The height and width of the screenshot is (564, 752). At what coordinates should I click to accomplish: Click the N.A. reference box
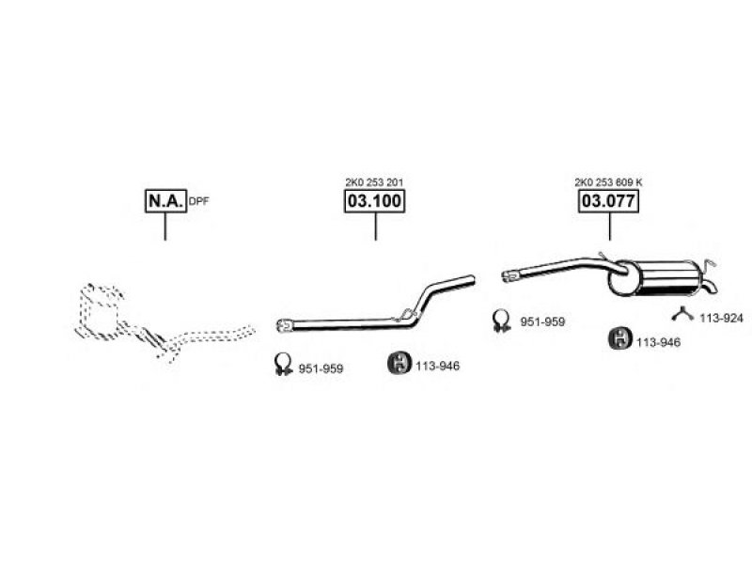165,201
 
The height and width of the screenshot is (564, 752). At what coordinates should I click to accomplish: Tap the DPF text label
198,201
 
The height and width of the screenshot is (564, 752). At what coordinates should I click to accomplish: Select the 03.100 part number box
374,201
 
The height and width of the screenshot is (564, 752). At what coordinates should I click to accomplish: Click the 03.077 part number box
608,201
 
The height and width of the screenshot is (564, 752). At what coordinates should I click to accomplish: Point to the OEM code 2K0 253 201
374,182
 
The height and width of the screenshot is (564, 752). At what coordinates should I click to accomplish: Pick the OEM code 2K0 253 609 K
608,182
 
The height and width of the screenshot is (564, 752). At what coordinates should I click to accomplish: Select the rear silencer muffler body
654,277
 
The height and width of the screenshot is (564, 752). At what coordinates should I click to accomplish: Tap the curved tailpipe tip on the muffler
711,287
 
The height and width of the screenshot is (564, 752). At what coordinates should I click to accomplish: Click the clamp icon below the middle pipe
283,365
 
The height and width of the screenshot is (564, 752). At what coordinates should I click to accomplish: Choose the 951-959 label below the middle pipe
321,368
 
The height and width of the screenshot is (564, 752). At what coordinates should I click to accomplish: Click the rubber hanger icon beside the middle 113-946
399,363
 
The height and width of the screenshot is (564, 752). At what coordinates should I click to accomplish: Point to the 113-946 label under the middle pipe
437,366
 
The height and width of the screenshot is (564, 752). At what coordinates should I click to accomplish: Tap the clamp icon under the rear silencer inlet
502,321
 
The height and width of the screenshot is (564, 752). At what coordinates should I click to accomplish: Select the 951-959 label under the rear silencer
543,321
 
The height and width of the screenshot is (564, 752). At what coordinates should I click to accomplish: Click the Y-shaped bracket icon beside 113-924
682,315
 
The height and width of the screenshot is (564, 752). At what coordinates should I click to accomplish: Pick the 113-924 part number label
721,318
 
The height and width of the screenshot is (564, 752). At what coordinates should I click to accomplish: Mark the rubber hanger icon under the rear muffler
620,338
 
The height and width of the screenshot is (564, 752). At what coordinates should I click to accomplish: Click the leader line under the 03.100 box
375,227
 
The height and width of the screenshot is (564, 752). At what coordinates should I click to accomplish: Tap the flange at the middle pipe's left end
285,325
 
